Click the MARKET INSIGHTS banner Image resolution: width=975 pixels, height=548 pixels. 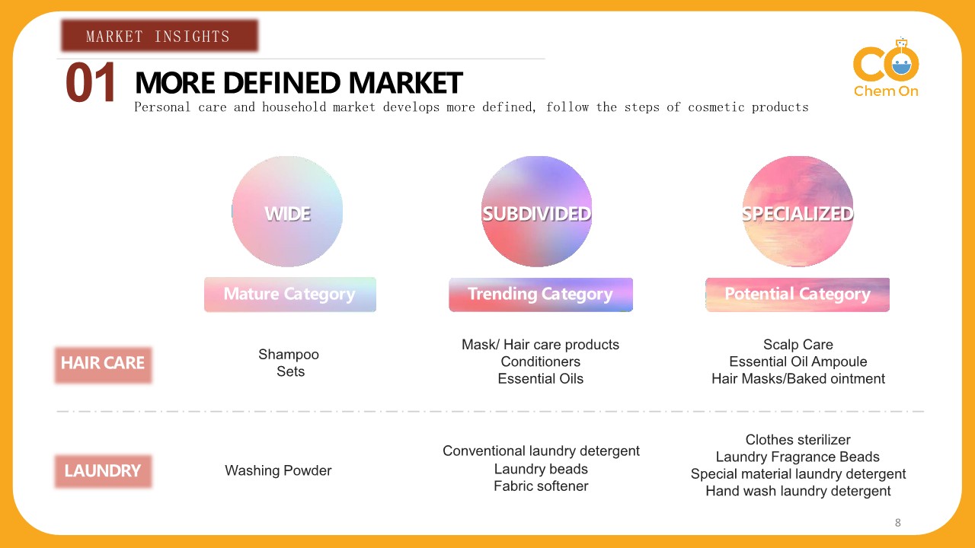point(158,36)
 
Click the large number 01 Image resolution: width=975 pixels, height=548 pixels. point(91,83)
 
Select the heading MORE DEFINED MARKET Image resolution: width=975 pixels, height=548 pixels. point(299,83)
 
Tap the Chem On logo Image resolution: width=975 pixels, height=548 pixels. point(886,68)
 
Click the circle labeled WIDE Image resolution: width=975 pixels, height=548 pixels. point(287,212)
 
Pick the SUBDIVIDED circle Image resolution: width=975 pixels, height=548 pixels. point(536,212)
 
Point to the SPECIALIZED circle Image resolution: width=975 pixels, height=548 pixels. point(798,212)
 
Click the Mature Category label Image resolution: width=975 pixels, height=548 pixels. point(289,295)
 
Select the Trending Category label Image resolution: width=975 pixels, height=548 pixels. point(540,295)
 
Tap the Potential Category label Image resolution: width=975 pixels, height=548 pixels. point(797,295)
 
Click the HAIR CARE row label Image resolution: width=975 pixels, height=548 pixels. point(103,364)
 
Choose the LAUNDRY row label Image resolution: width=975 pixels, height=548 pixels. point(103,471)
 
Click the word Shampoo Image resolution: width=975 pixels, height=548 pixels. point(289,355)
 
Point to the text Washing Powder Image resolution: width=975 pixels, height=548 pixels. point(278,471)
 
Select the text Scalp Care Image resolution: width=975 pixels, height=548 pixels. point(798,345)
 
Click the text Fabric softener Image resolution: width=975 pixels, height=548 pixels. point(541,486)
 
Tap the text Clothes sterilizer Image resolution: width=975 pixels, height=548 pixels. point(798,440)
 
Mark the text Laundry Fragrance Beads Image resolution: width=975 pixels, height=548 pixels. point(798,457)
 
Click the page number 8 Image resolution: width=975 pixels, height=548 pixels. point(897,523)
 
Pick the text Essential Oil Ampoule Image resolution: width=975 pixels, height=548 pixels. point(798,362)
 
